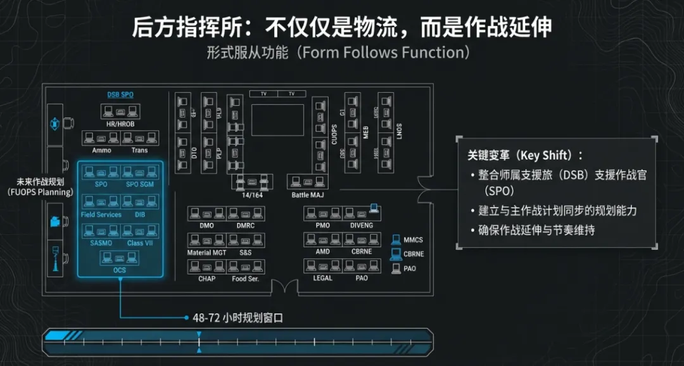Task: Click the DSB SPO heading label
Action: tap(120, 95)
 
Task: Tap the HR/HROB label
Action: tap(120, 124)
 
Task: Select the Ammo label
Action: tap(101, 150)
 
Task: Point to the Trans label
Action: tap(139, 150)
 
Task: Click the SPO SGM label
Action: tap(140, 184)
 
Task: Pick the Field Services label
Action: tap(101, 215)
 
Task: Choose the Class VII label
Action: tap(139, 243)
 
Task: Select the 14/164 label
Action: tap(251, 195)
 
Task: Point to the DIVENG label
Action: tap(362, 225)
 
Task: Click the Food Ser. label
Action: tap(245, 279)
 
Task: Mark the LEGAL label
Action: tap(322, 279)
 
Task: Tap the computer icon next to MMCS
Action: tap(395, 240)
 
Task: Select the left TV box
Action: tap(263, 94)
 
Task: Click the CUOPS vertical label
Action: tap(334, 135)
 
